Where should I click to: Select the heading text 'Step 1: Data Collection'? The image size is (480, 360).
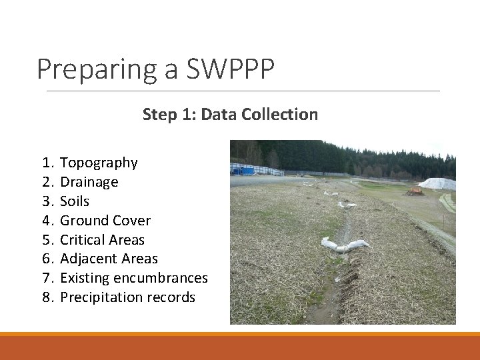point(230,115)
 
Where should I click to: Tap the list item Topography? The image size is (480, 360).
point(99,163)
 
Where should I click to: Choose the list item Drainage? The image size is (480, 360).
point(89,182)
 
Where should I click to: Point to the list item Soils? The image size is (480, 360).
point(75,201)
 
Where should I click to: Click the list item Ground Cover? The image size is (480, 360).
point(105,221)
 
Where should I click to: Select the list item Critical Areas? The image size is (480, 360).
point(102,240)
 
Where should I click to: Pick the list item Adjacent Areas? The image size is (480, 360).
point(109,259)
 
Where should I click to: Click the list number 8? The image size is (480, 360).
point(46,297)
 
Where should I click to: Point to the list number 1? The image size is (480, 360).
point(46,163)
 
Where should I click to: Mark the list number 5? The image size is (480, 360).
point(46,240)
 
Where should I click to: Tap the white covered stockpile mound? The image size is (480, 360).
point(437,183)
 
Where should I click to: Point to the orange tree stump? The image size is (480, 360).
point(414,191)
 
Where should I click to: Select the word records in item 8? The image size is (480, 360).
point(173,297)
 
